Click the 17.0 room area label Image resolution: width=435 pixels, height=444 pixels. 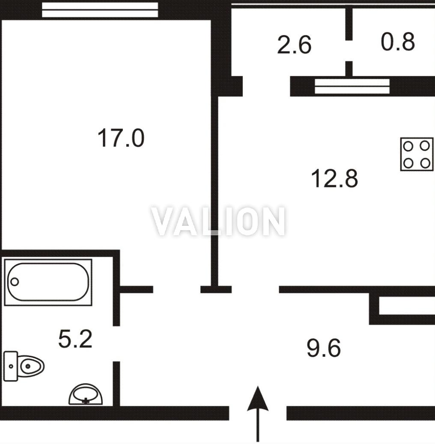coord(121,138)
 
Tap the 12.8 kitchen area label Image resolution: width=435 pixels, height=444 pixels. coord(334,178)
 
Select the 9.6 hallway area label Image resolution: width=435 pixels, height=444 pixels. coord(324,348)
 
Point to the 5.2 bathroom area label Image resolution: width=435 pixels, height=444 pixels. coord(75,339)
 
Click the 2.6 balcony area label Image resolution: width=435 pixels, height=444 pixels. coord(294,44)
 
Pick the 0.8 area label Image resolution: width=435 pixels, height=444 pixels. coord(398,42)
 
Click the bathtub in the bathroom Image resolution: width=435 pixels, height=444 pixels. coord(48,282)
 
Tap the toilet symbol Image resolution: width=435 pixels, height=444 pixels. coord(24,366)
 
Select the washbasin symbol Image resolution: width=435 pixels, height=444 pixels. coord(86,394)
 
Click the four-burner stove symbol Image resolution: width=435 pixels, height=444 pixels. coord(417,154)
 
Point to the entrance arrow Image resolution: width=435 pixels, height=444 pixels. coord(258,414)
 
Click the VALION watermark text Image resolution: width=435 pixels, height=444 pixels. coord(218,222)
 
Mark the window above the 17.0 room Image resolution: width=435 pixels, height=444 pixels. coord(100,10)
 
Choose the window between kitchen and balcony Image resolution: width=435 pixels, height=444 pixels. coord(352,86)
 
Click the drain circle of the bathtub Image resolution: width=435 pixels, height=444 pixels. coord(15,282)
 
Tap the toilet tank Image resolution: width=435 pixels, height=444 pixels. coord(10,366)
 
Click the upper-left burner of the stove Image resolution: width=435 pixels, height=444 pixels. coord(408,146)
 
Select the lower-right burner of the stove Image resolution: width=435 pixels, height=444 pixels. coord(425,163)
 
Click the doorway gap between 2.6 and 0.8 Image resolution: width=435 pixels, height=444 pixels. coord(349,50)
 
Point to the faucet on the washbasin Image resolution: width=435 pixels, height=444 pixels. coord(86,400)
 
